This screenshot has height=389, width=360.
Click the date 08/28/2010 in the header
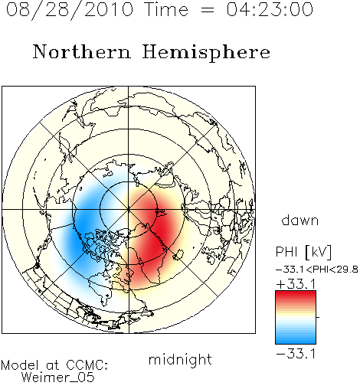tap(70, 10)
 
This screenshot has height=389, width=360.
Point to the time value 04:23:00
tap(270, 9)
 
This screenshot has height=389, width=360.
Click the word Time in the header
tap(166, 9)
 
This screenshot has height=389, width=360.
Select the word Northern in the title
tap(82, 51)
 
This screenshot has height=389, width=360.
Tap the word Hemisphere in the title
tap(206, 53)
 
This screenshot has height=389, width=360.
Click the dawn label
tap(299, 220)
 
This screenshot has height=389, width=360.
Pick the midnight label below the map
tap(180, 360)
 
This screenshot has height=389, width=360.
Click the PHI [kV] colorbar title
tap(303, 252)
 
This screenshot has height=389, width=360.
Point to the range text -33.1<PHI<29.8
tap(317, 270)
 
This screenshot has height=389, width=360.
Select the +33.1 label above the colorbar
tap(296, 284)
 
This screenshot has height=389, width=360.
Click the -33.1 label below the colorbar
tap(296, 354)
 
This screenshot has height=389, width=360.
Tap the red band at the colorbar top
tap(296, 295)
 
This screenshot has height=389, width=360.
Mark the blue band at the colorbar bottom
tap(296, 340)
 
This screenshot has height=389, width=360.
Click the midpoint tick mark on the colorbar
tap(318, 317)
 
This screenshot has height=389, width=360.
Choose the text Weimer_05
tap(58, 378)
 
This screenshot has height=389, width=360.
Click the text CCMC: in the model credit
tap(87, 365)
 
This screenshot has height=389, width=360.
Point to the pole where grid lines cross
tap(129, 210)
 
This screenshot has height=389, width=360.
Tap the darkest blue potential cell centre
tap(83, 230)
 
